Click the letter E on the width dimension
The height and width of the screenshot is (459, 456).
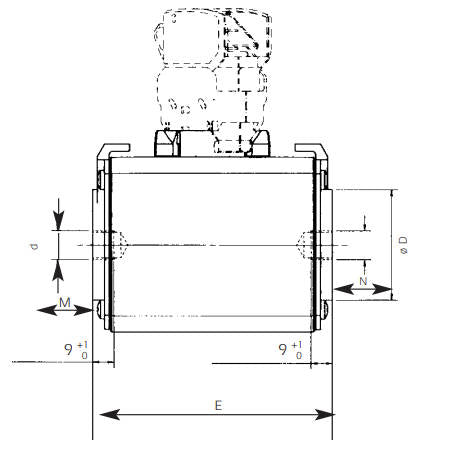(x=217, y=404)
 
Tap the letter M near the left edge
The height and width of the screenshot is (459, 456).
(x=64, y=300)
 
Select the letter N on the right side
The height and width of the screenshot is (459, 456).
(x=363, y=282)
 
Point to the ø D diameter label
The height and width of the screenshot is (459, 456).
(x=402, y=244)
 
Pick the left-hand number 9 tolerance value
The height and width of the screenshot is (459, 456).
(x=68, y=349)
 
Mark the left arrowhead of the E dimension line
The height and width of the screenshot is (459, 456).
(x=99, y=412)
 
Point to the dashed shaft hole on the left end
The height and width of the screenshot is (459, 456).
(x=118, y=243)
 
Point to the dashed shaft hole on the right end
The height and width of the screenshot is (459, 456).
(x=306, y=243)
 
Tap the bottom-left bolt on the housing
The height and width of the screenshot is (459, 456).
(x=101, y=308)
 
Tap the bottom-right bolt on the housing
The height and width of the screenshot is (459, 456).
(x=328, y=308)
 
